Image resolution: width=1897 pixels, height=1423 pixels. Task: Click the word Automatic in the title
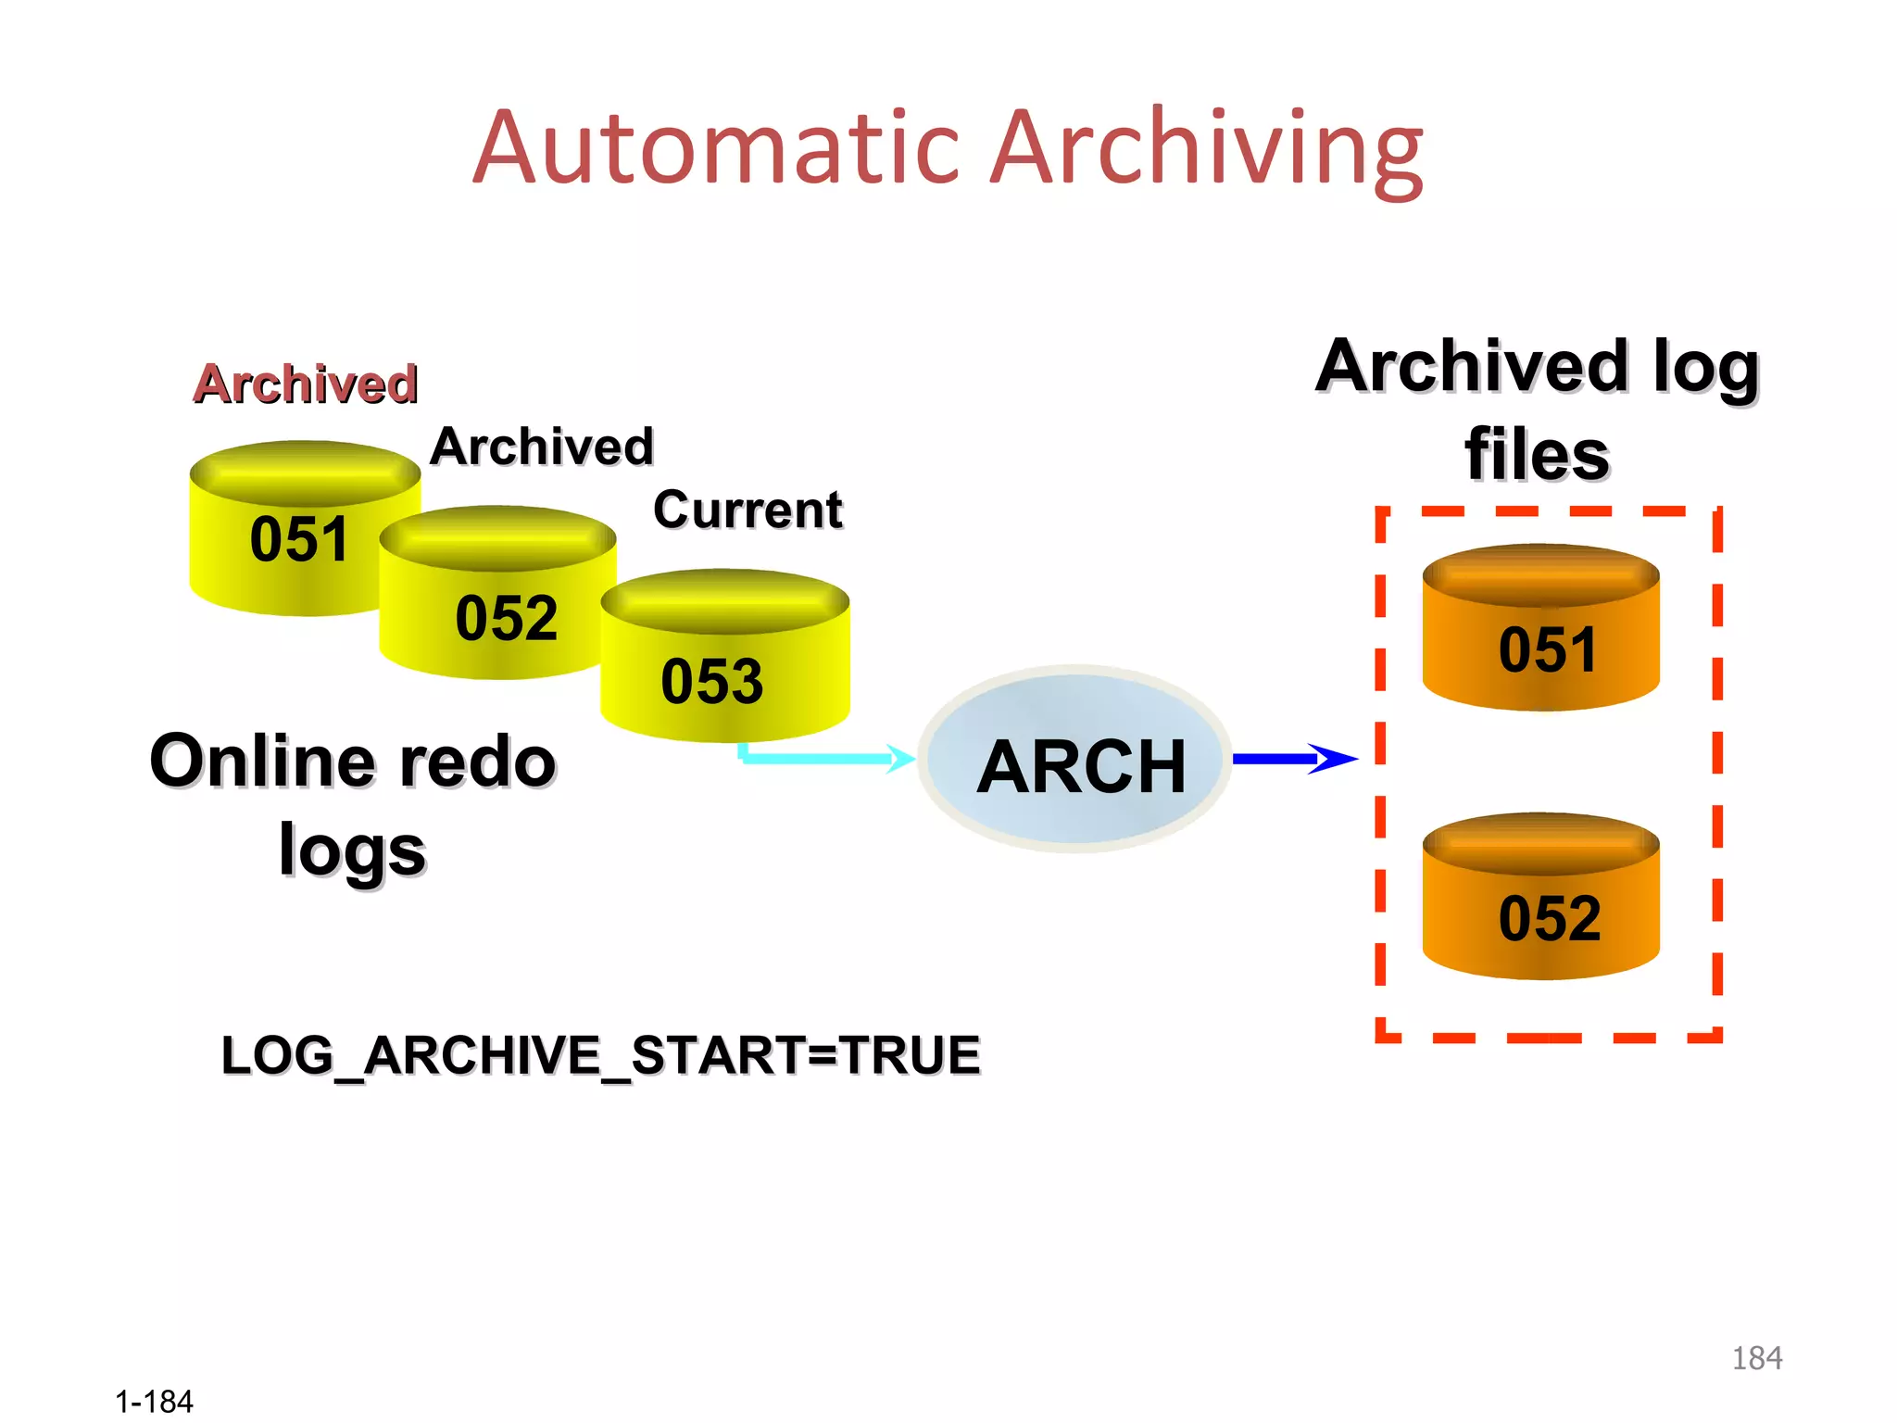point(722,148)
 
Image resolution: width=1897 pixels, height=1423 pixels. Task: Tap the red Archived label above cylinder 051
point(306,384)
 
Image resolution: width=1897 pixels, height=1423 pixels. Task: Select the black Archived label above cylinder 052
point(542,447)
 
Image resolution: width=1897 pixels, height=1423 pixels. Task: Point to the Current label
point(747,510)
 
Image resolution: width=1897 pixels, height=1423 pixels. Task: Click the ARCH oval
point(1074,760)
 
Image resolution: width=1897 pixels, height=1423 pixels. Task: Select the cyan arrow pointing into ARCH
point(824,758)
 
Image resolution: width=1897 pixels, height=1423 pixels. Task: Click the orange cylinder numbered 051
point(1540,639)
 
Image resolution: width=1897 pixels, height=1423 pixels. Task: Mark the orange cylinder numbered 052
point(1540,908)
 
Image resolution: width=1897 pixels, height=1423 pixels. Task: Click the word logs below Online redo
point(352,850)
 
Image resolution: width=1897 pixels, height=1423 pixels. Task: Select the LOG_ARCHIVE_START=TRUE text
point(600,1055)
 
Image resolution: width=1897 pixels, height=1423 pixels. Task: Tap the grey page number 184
point(1756,1358)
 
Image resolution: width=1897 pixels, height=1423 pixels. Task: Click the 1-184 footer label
point(154,1402)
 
